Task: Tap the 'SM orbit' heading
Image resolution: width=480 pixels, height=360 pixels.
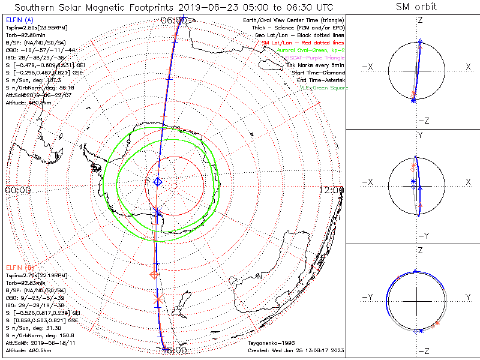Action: pyautogui.click(x=416, y=7)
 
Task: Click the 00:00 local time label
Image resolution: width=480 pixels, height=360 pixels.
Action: pyautogui.click(x=17, y=190)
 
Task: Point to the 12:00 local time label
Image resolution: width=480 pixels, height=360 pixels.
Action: pyautogui.click(x=332, y=190)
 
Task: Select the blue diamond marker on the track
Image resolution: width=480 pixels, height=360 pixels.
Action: pyautogui.click(x=158, y=181)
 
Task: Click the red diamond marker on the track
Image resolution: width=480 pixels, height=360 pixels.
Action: pyautogui.click(x=154, y=274)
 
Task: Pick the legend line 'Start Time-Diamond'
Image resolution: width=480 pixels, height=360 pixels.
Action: pyautogui.click(x=315, y=73)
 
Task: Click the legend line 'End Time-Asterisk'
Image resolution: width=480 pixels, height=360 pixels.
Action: pyautogui.click(x=317, y=80)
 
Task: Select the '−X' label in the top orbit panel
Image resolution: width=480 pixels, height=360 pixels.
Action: pyautogui.click(x=369, y=67)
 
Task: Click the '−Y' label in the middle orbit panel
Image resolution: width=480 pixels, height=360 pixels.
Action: pyautogui.click(x=420, y=235)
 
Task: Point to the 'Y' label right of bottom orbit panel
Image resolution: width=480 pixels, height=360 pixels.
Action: pyautogui.click(x=467, y=297)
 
